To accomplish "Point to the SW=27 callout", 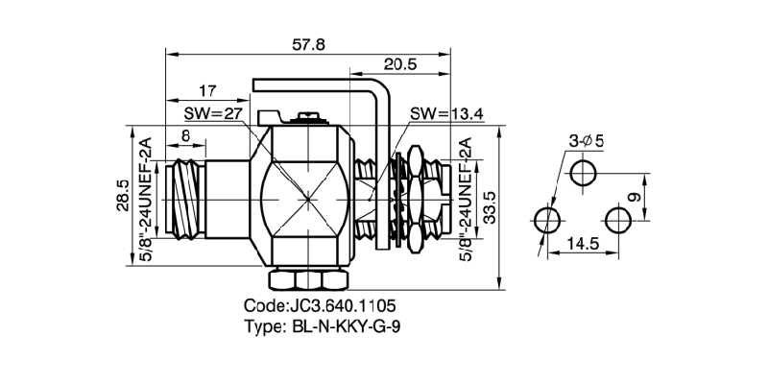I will (217, 113).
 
